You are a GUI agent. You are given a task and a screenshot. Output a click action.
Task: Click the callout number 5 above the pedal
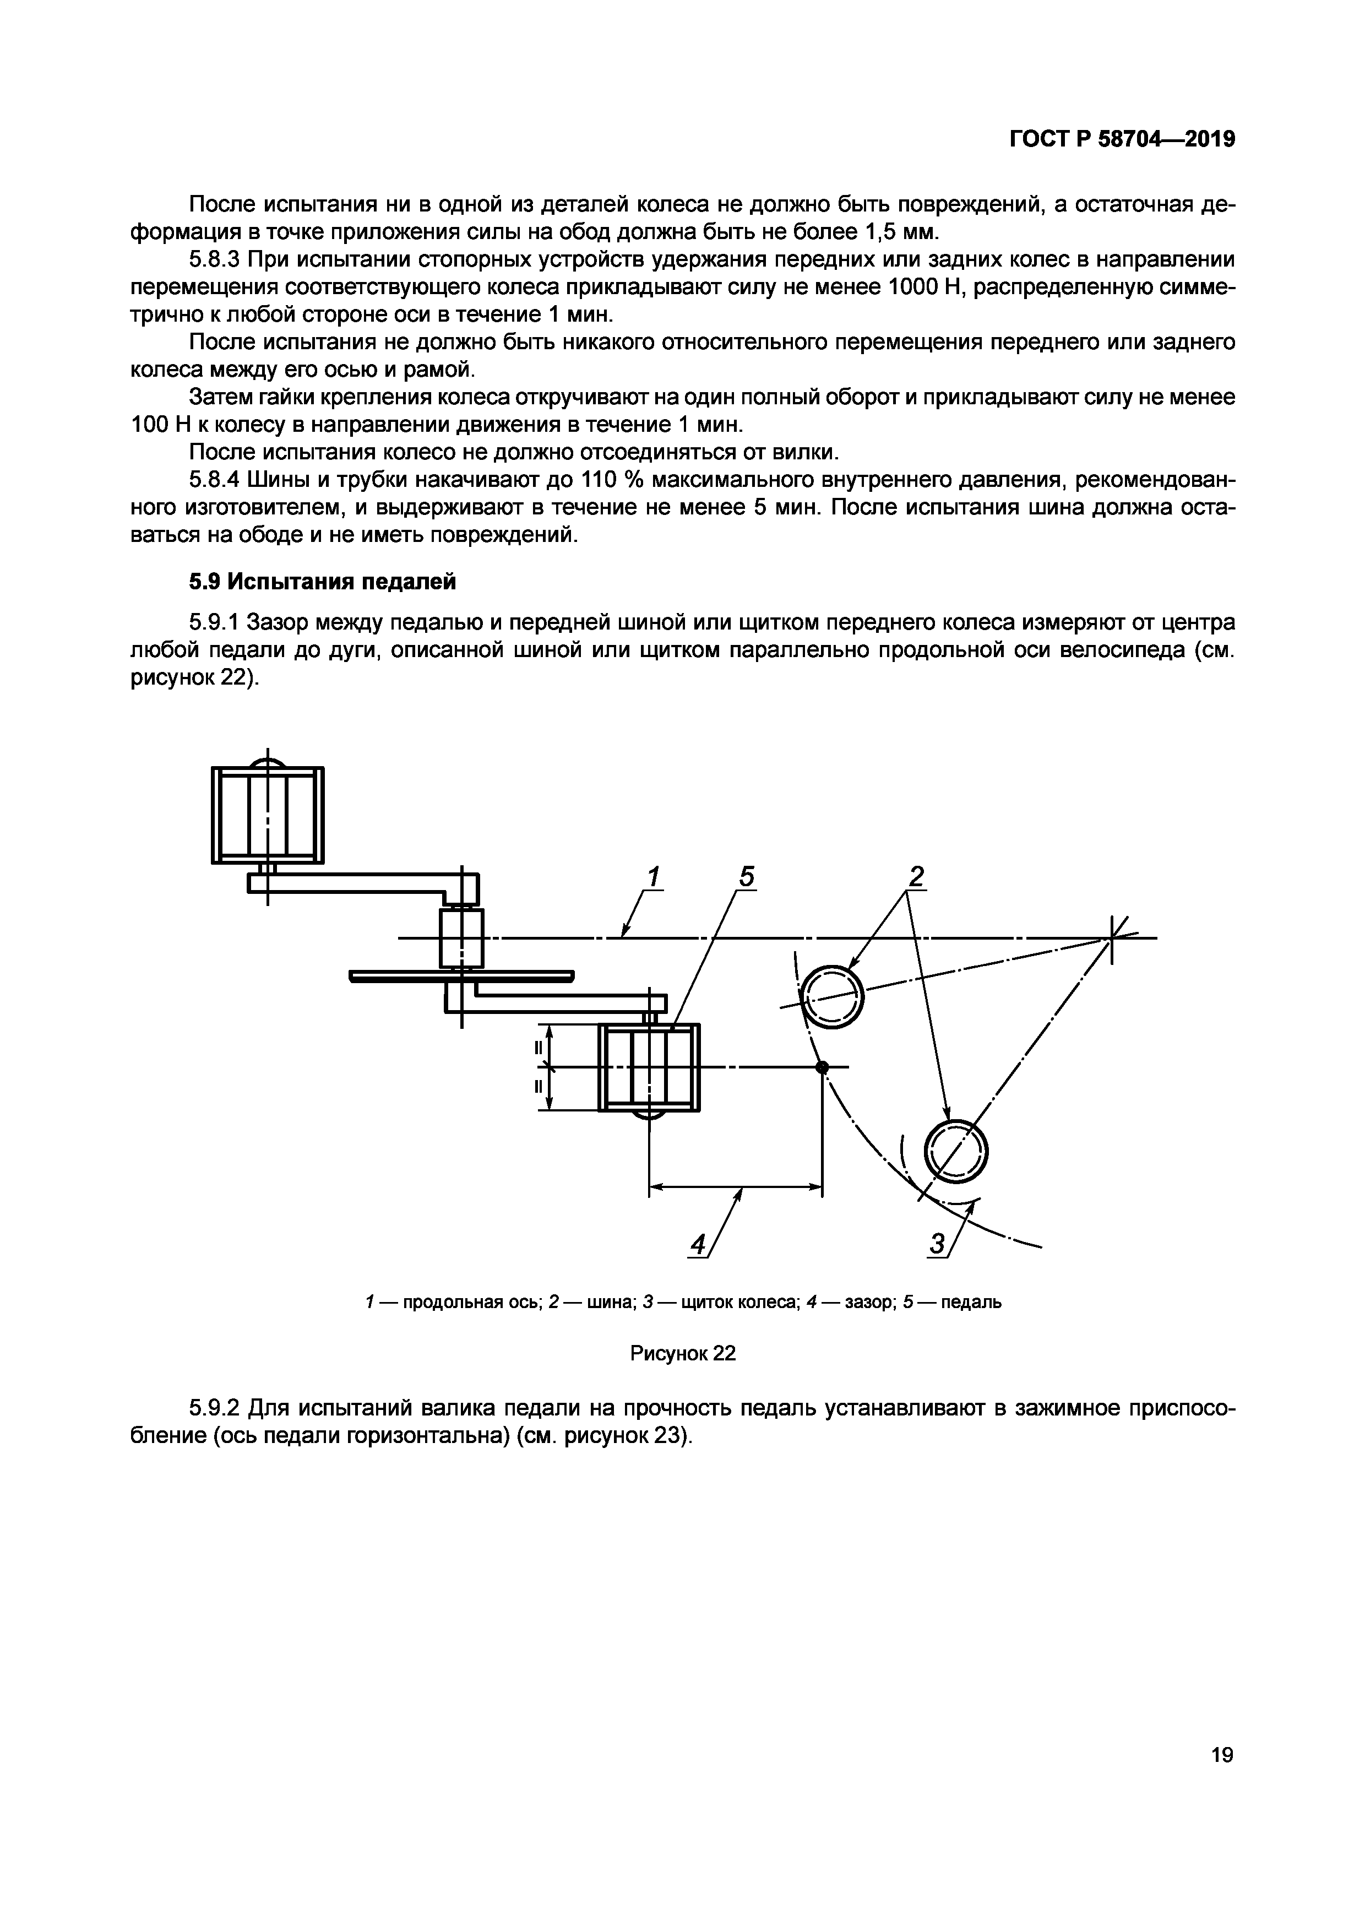coord(746,877)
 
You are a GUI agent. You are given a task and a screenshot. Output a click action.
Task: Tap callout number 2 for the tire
coord(916,877)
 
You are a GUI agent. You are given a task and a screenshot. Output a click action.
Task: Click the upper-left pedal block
coord(268,814)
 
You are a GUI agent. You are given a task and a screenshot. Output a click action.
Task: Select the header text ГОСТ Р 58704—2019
coord(1121,139)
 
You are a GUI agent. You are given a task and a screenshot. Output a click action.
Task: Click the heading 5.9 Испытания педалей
coord(322,581)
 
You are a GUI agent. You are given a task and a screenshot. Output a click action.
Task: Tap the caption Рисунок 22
coord(683,1353)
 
